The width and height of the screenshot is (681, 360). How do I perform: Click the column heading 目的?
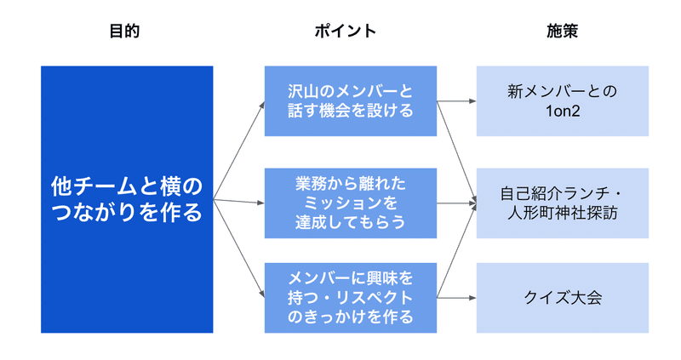[x=124, y=31]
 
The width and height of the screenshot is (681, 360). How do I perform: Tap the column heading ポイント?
[x=346, y=31]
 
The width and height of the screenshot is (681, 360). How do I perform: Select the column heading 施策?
[x=562, y=31]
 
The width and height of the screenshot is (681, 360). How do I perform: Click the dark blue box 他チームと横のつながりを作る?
[x=127, y=199]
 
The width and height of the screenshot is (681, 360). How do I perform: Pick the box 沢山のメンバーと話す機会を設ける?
[x=351, y=101]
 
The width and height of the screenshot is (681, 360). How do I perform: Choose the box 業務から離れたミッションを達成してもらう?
[x=351, y=203]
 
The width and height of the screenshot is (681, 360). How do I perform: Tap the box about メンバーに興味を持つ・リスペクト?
[x=351, y=298]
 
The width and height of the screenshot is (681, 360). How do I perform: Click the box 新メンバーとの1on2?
[x=563, y=101]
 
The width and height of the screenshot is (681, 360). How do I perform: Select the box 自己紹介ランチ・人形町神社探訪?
[x=563, y=203]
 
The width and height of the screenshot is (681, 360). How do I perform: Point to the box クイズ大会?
[x=563, y=298]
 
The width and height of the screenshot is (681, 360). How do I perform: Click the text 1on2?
[x=563, y=111]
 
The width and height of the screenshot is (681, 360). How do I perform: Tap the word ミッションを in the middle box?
[x=351, y=203]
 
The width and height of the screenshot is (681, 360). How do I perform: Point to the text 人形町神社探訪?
[x=563, y=214]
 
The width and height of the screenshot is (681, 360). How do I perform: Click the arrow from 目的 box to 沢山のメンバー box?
[x=239, y=151]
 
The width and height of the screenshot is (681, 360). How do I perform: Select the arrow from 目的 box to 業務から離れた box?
[x=239, y=202]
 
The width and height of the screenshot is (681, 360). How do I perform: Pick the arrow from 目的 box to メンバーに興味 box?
[x=239, y=249]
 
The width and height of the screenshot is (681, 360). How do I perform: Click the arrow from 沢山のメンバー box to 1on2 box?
[x=456, y=101]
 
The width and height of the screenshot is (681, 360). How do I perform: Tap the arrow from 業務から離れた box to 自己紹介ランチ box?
[x=456, y=203]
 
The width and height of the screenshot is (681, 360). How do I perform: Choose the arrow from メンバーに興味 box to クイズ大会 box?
[x=456, y=298]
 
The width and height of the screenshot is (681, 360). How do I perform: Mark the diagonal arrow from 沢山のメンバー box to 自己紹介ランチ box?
[x=456, y=152]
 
